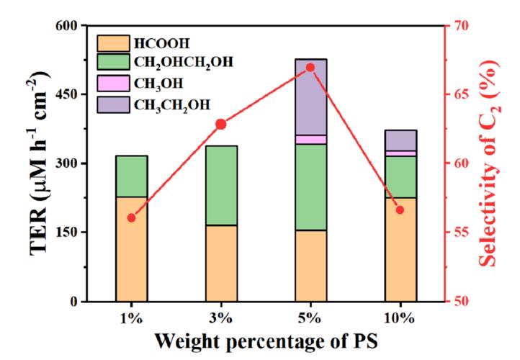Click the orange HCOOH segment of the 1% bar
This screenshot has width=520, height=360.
click(x=131, y=248)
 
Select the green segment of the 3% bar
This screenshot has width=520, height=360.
click(x=221, y=186)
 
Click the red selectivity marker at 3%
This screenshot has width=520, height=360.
click(x=221, y=124)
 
